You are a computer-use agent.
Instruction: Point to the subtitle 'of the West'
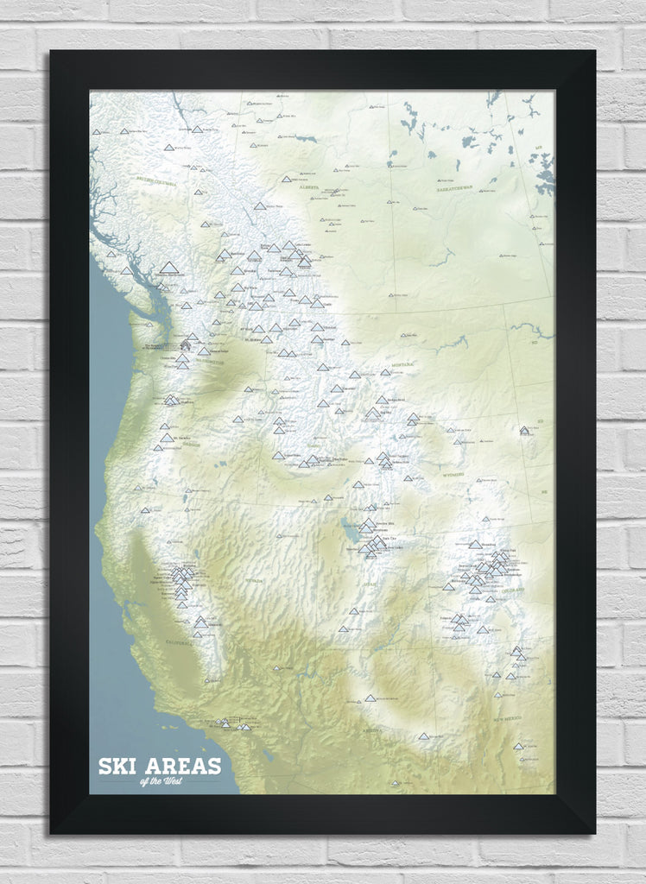tap(161, 782)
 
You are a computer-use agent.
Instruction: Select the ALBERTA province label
tap(308, 186)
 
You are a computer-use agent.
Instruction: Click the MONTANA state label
tap(402, 366)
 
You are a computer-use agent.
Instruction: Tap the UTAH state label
tap(374, 583)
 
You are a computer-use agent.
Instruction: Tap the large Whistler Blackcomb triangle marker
tap(169, 268)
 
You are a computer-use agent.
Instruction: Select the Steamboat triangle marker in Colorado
tap(475, 545)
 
